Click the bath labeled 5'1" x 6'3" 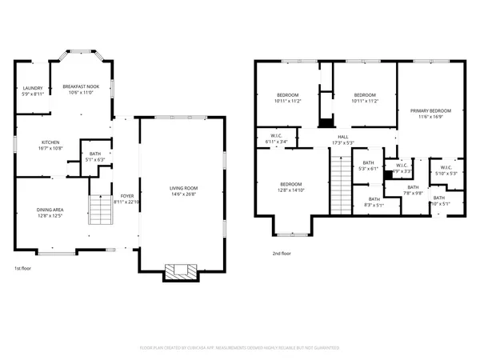pos(95,157)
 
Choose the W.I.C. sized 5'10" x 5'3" pos(446,170)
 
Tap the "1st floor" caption pos(24,270)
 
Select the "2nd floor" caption pos(282,254)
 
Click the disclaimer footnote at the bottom pos(240,349)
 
